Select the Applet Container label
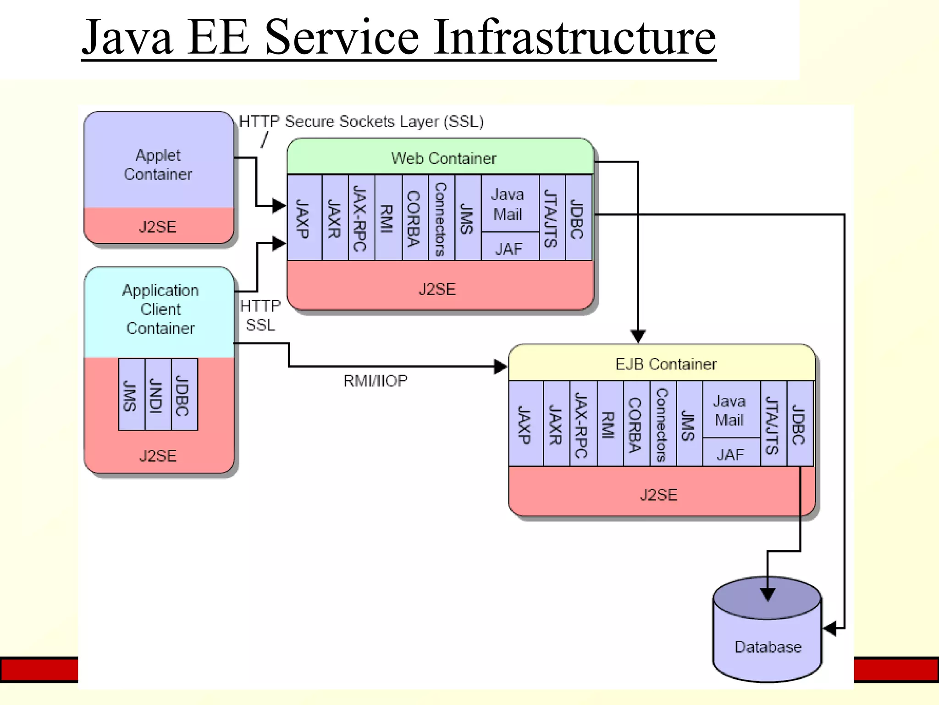[x=158, y=165]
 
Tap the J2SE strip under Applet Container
[x=158, y=227]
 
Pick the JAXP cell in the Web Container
[x=303, y=218]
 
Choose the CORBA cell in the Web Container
[x=414, y=218]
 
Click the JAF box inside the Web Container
[x=509, y=248]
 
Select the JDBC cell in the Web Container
[x=578, y=218]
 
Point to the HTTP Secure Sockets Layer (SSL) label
[x=361, y=122]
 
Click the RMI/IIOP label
[x=375, y=380]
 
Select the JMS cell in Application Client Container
[x=131, y=395]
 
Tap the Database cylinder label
[x=768, y=647]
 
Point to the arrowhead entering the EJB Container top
[x=638, y=336]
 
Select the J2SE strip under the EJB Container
[x=658, y=494]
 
